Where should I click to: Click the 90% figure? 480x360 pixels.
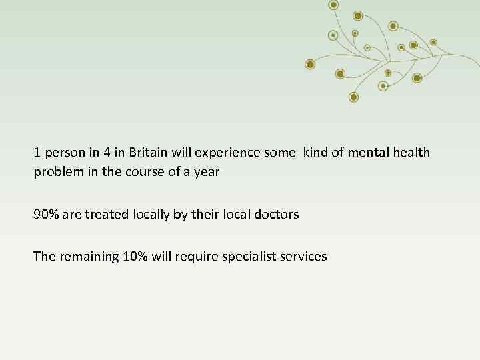click(x=45, y=215)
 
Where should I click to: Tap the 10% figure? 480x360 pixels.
click(x=137, y=257)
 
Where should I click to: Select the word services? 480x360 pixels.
click(x=305, y=257)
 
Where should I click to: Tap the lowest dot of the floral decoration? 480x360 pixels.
click(x=354, y=97)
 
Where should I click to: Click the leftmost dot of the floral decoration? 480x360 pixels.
click(x=310, y=64)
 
